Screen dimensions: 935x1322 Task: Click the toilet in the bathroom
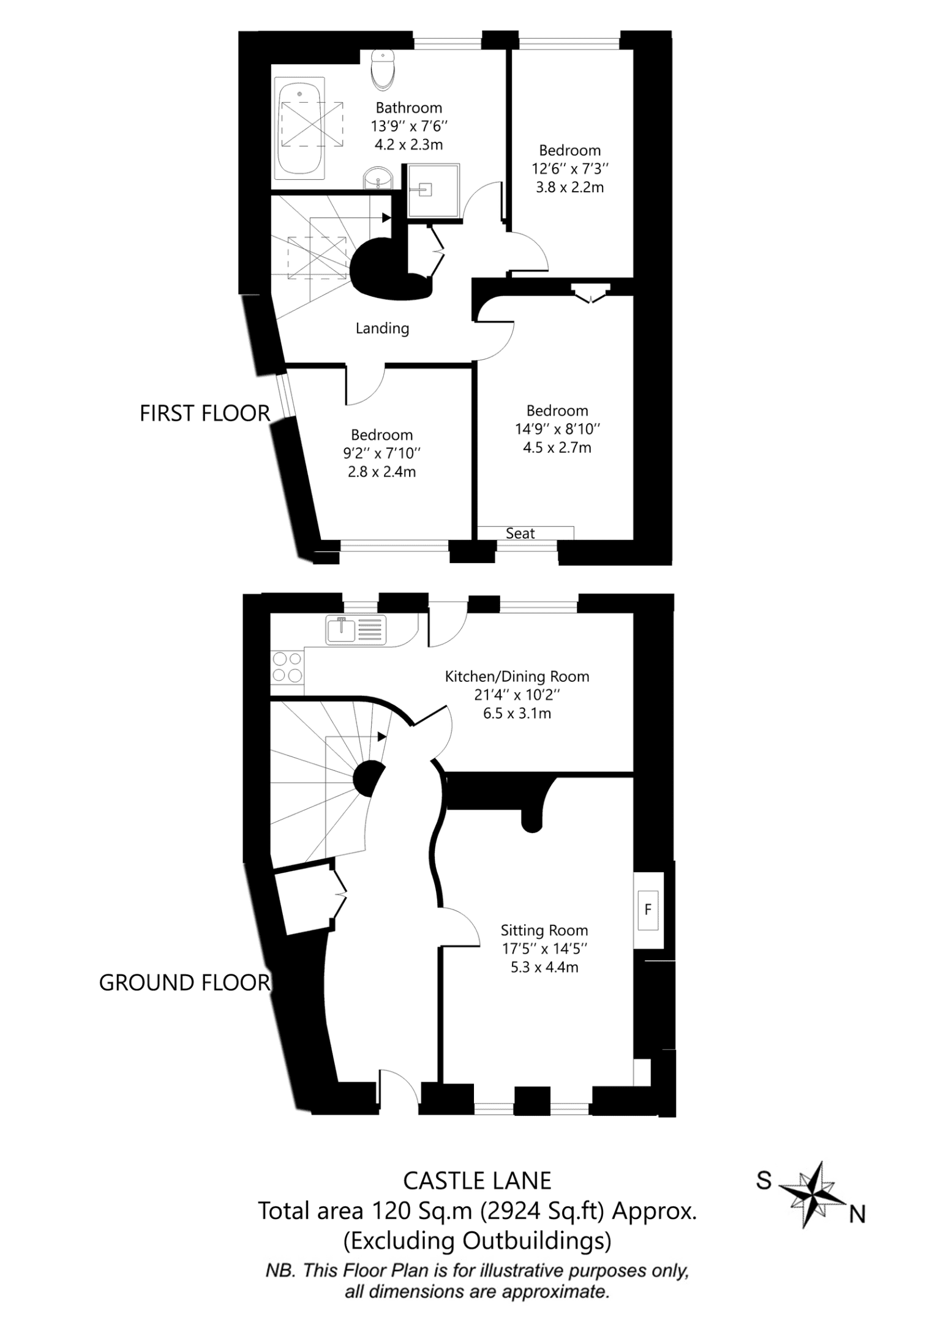click(384, 68)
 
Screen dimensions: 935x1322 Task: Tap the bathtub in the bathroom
click(299, 128)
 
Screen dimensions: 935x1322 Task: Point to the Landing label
click(382, 329)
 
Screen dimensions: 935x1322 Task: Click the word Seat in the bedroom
click(520, 533)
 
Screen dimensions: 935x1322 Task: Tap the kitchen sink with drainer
click(356, 630)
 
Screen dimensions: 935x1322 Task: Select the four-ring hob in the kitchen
click(287, 667)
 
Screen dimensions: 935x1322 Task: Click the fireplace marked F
click(648, 909)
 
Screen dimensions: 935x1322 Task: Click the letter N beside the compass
click(857, 1214)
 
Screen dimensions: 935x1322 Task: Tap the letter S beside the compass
click(764, 1180)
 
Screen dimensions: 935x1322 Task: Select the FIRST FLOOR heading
click(205, 414)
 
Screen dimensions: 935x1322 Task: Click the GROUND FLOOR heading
click(184, 983)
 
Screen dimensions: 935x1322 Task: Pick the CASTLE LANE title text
click(477, 1181)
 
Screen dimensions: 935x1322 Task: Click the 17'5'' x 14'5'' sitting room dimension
click(544, 949)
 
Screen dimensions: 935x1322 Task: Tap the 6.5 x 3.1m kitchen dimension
click(517, 713)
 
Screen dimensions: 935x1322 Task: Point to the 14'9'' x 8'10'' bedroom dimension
click(557, 429)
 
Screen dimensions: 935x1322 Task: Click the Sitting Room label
click(544, 931)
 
